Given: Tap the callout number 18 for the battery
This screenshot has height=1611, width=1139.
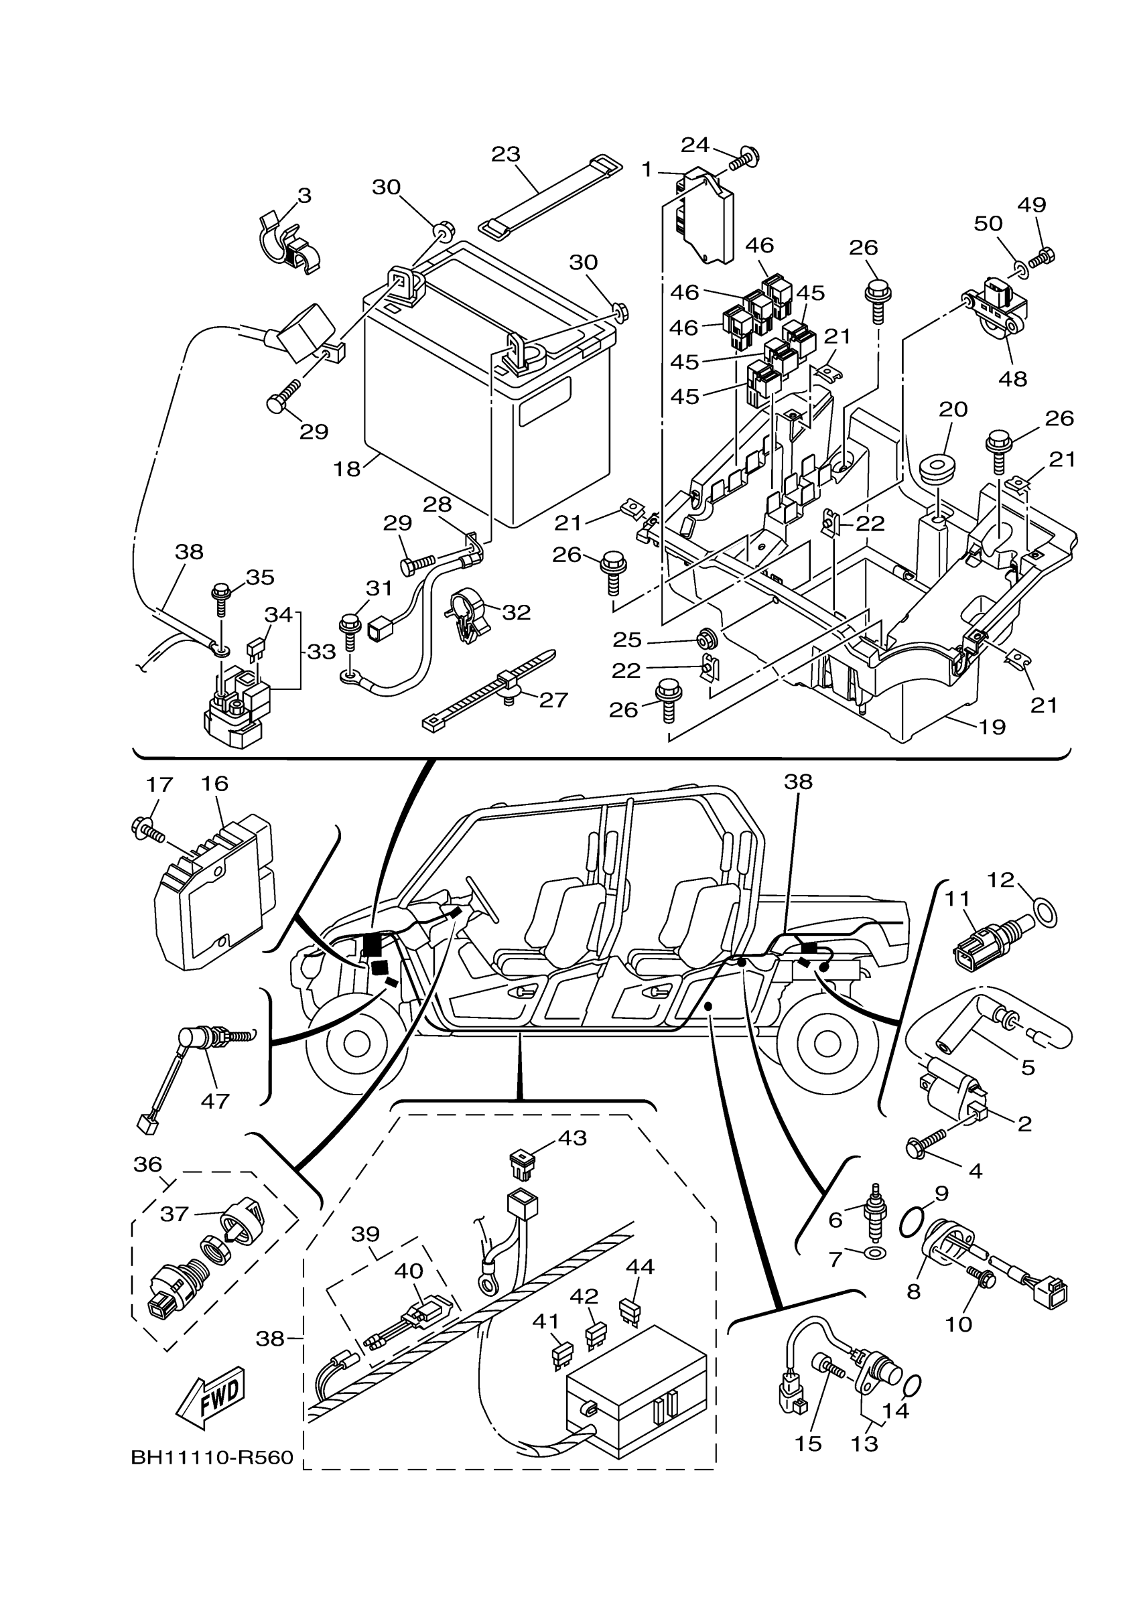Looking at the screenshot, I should tap(346, 470).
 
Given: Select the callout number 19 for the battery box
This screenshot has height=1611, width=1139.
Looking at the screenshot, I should tap(992, 727).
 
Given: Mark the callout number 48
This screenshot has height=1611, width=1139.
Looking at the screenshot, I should tap(1012, 379).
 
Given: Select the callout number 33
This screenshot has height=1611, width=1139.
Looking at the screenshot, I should tap(322, 652).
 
